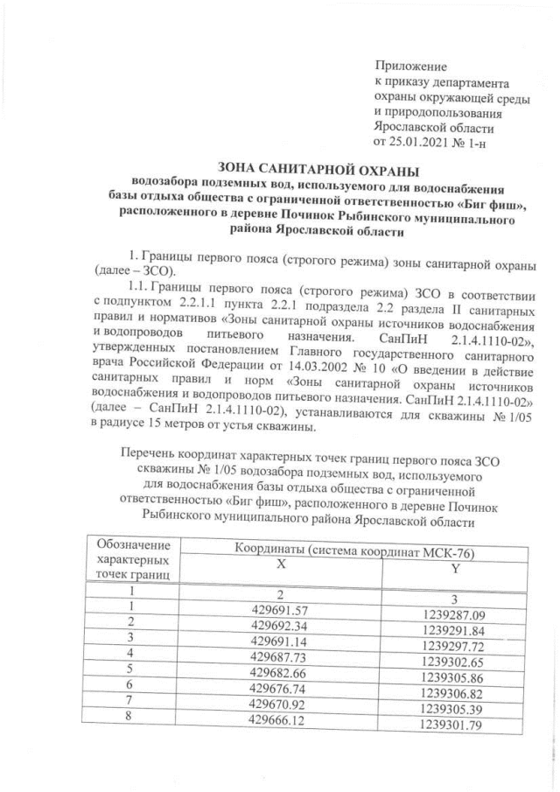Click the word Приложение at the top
(410, 67)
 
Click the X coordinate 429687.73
(281, 655)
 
